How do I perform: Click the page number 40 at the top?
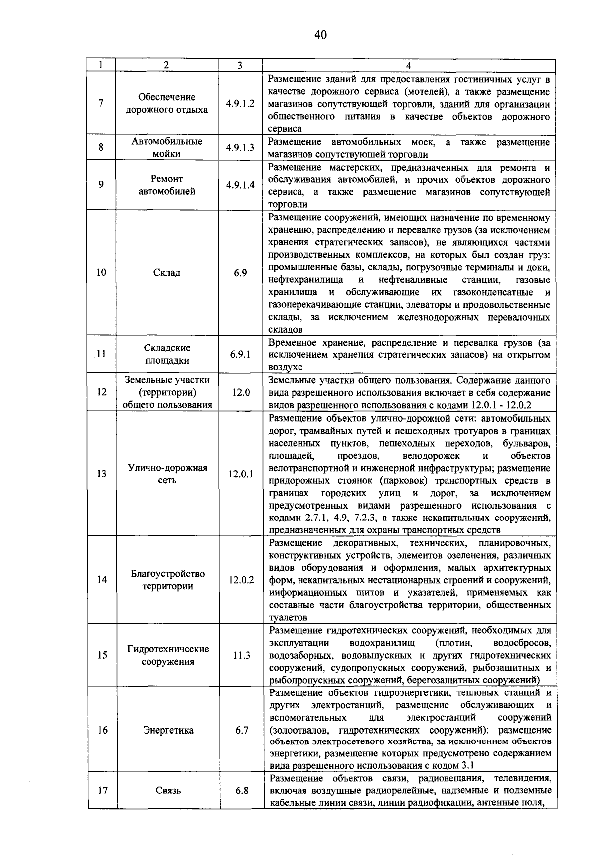pyautogui.click(x=320, y=34)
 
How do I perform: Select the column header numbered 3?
pyautogui.click(x=240, y=65)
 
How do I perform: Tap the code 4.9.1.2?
pyautogui.click(x=240, y=104)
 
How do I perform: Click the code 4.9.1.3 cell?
pyautogui.click(x=240, y=148)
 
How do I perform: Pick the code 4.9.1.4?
pyautogui.click(x=240, y=185)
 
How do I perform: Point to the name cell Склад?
pyautogui.click(x=167, y=273)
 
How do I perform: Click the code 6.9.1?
pyautogui.click(x=240, y=354)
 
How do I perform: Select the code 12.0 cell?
pyautogui.click(x=240, y=392)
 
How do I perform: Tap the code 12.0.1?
pyautogui.click(x=241, y=474)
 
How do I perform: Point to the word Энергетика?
pyautogui.click(x=168, y=730)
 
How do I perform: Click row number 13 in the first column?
pyautogui.click(x=102, y=474)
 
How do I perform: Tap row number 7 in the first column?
pyautogui.click(x=101, y=104)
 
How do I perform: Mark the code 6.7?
pyautogui.click(x=242, y=730)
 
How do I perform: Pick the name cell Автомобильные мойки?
pyautogui.click(x=167, y=148)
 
